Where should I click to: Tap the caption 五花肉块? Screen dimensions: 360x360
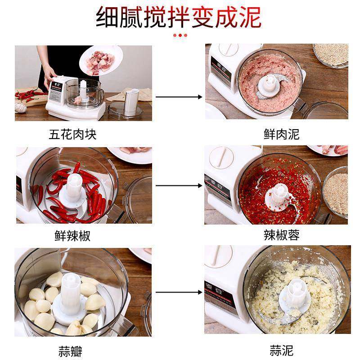pyautogui.click(x=72, y=134)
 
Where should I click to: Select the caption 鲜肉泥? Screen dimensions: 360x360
pyautogui.click(x=281, y=134)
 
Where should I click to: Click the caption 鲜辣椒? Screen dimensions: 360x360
pyautogui.click(x=72, y=236)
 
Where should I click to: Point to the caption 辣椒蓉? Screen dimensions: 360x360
pyautogui.click(x=281, y=235)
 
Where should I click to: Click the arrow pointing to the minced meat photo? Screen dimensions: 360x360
pyautogui.click(x=178, y=96)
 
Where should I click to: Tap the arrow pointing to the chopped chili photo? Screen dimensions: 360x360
pyautogui.click(x=178, y=185)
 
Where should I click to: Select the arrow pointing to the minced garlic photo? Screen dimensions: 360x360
pyautogui.click(x=178, y=292)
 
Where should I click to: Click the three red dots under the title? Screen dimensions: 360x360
pyautogui.click(x=180, y=35)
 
